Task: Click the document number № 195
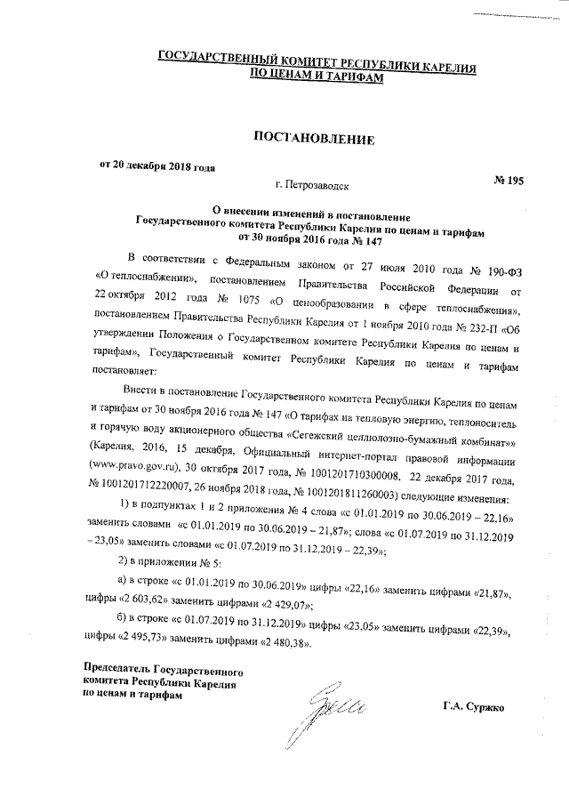[x=508, y=181]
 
